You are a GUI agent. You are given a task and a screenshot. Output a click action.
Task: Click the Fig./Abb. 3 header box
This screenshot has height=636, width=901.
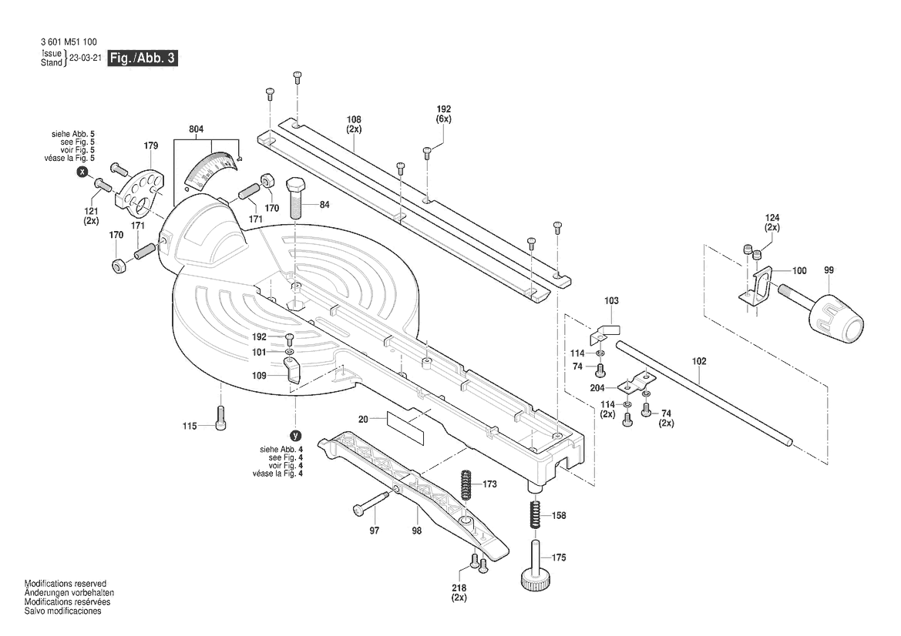click(x=143, y=59)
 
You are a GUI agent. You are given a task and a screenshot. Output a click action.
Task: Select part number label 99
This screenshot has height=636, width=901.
click(x=829, y=270)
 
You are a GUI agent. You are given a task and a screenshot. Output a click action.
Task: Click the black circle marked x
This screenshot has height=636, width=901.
click(x=82, y=173)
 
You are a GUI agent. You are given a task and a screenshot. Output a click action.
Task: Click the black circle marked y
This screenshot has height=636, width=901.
click(x=294, y=436)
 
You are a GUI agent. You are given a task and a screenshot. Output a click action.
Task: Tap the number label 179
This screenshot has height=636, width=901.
click(x=150, y=146)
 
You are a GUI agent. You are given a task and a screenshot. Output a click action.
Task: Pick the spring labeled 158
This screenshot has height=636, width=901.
click(x=534, y=514)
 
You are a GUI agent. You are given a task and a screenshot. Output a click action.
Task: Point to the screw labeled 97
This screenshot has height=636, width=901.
click(x=373, y=502)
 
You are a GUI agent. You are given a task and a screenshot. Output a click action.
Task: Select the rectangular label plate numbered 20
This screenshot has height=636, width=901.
click(x=405, y=426)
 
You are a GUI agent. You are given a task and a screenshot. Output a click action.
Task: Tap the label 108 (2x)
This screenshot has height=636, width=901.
click(x=354, y=124)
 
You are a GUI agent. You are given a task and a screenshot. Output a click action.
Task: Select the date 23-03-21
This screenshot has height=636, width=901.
click(x=85, y=59)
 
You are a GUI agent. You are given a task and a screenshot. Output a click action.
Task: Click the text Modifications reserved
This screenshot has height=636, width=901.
click(x=66, y=584)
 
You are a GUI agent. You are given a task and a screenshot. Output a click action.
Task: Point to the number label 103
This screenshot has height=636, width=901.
click(x=611, y=300)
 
